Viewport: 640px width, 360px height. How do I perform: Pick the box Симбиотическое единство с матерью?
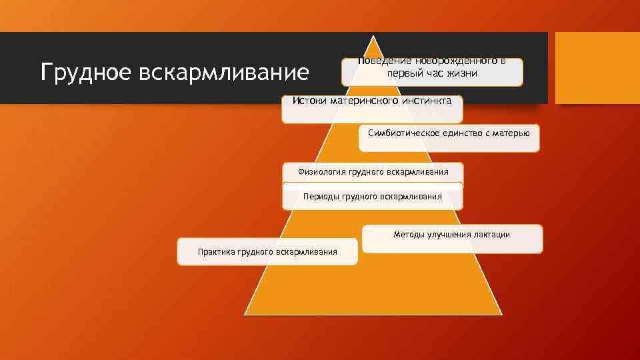[x=449, y=138]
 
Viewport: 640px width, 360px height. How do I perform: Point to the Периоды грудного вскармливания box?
[x=372, y=197]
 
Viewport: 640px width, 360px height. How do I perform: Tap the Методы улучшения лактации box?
[x=451, y=239]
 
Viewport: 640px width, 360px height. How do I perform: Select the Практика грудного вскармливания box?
[x=267, y=252]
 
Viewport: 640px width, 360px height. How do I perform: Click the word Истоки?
[x=310, y=101]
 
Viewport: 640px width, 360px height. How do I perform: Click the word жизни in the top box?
[x=461, y=73]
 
